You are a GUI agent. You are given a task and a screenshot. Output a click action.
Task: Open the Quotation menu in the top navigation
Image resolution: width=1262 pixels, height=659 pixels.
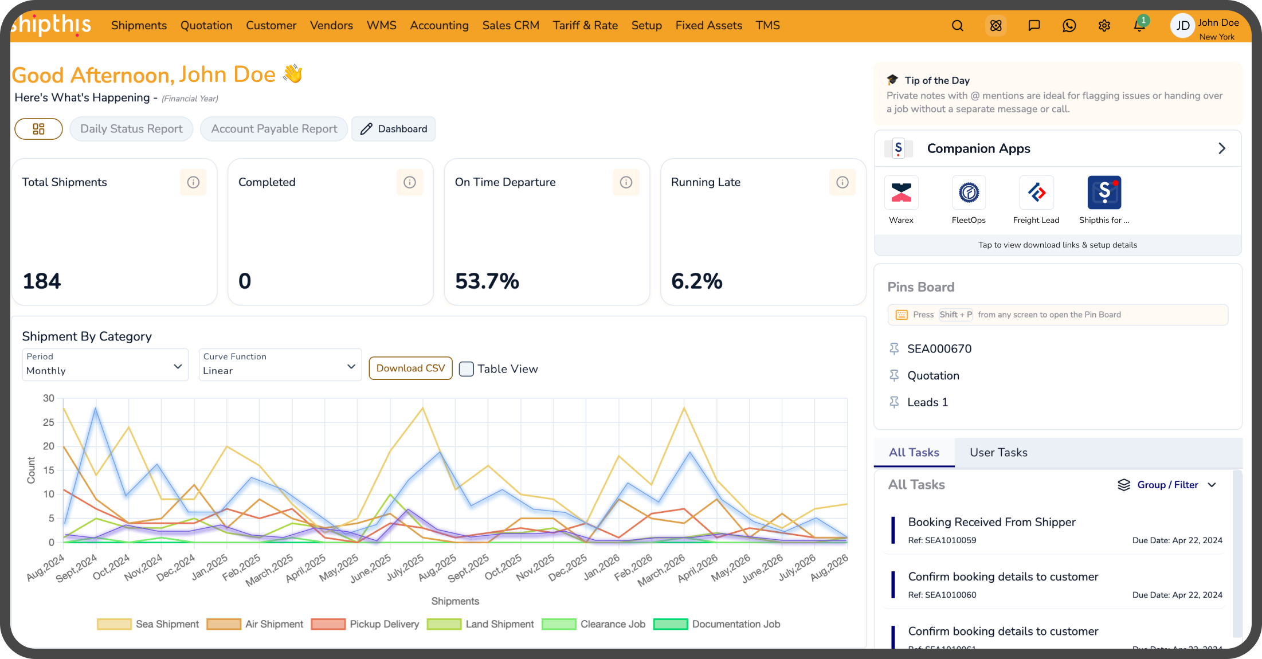[206, 25]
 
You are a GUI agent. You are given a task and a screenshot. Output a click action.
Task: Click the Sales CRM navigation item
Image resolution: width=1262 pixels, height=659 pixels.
[511, 25]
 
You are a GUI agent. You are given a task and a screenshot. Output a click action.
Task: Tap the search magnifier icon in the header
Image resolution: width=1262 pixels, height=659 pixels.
[957, 26]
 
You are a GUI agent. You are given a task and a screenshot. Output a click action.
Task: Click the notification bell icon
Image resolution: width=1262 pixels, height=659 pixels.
[1139, 25]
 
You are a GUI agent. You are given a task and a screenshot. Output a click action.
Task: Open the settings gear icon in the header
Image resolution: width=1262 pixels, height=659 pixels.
[1104, 26]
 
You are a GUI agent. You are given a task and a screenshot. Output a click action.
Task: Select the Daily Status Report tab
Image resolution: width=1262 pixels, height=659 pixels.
[131, 129]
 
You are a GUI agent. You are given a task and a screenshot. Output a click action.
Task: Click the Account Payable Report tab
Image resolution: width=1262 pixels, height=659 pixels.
[274, 129]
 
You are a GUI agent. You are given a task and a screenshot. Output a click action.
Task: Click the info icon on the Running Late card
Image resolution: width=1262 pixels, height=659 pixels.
[842, 182]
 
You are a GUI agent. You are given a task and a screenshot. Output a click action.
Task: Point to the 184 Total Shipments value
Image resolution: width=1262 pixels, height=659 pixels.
[42, 281]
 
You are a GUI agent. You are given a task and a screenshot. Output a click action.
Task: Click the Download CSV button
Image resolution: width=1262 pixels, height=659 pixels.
[410, 368]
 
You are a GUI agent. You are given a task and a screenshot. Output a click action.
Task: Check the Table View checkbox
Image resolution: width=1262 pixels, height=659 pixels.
[467, 369]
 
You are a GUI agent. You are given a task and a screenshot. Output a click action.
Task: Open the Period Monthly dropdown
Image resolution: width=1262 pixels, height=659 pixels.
[105, 364]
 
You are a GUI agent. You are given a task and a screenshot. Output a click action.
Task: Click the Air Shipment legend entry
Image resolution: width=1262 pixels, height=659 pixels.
[255, 624]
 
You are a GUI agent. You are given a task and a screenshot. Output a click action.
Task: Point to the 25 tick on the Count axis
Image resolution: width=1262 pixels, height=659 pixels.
[49, 422]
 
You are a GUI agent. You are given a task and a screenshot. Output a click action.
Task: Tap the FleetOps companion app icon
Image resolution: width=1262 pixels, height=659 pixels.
[969, 193]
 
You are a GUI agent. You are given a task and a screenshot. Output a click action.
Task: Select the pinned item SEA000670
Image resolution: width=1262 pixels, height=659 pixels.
[939, 348]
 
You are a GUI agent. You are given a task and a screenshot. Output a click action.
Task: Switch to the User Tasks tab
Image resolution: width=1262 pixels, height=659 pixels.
[998, 452]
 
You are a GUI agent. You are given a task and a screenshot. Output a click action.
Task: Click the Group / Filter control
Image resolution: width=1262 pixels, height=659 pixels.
[1167, 485]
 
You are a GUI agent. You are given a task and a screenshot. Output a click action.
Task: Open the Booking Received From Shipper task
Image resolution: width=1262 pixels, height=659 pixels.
[991, 522]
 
